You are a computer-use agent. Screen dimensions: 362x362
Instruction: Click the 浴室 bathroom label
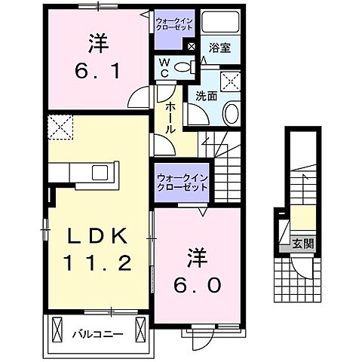point(221,48)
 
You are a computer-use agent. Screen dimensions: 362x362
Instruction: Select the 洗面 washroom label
point(207,96)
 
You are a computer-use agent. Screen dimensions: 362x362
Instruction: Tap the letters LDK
point(92,235)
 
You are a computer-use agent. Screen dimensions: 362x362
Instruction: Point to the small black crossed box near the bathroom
point(192,47)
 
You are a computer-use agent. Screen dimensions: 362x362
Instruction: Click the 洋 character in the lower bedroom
point(194,257)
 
